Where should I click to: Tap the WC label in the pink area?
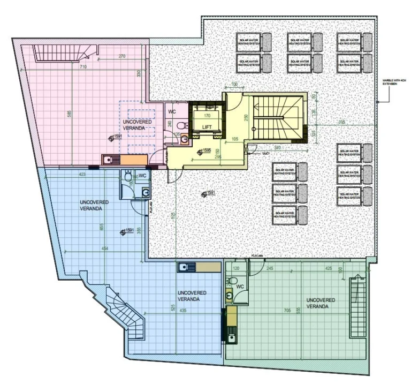point(172,112)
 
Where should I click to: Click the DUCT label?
point(266,154)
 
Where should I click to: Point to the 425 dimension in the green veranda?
point(328,268)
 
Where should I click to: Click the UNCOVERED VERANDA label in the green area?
point(321,303)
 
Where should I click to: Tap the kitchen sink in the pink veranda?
point(109,159)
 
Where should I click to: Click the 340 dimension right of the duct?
point(277,147)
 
